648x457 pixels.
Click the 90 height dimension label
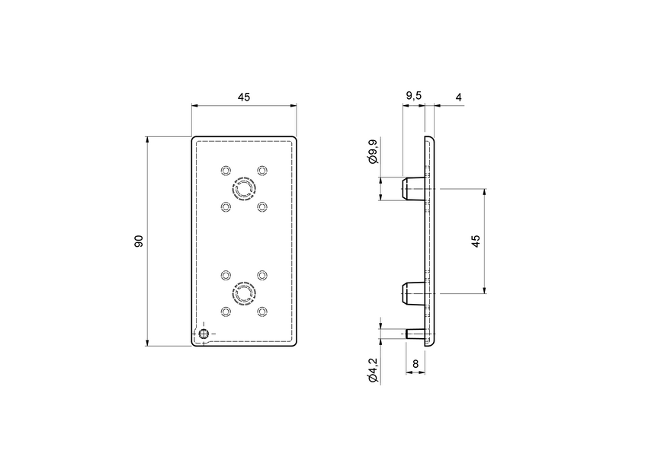139,241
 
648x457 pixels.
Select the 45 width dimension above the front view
244,97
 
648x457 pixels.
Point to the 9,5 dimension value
413,95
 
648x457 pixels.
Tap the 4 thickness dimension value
458,97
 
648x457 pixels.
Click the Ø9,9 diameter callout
372,152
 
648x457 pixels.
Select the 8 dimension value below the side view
415,364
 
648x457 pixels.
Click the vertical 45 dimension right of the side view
476,241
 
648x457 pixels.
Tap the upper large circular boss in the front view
244,188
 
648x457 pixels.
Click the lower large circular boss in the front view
244,293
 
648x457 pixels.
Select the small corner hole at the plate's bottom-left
204,334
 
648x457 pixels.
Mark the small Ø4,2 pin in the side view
416,334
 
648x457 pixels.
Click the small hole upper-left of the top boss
225,169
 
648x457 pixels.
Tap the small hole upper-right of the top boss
262,169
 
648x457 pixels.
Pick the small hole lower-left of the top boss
225,206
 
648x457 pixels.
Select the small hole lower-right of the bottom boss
262,312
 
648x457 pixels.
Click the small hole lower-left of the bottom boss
225,312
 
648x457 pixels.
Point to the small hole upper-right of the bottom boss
262,274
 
